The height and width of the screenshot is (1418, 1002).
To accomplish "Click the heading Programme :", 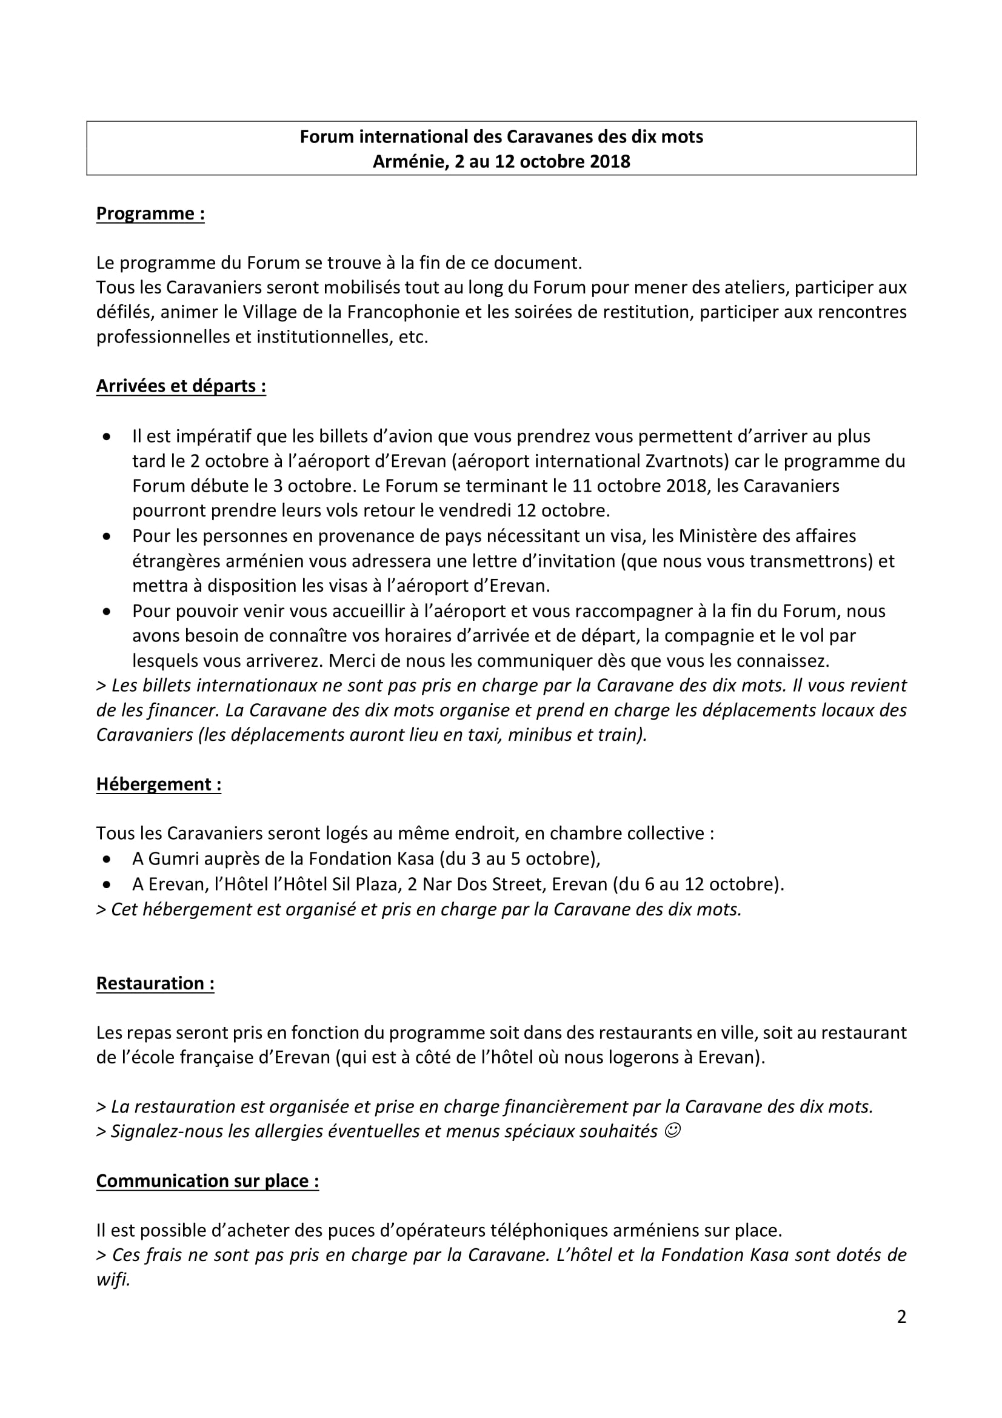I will [150, 213].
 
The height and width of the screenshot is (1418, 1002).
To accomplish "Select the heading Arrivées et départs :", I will [181, 386].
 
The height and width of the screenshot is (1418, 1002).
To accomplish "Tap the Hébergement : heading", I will [159, 784].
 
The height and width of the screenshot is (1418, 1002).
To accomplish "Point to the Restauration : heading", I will [155, 983].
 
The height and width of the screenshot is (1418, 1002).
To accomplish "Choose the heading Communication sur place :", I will [207, 1181].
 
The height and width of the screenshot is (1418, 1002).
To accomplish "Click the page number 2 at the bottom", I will [901, 1317].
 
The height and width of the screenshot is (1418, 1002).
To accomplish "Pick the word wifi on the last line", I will [113, 1280].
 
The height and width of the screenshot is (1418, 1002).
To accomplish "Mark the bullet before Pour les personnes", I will [107, 537].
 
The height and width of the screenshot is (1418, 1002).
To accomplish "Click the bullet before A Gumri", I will [107, 860].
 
